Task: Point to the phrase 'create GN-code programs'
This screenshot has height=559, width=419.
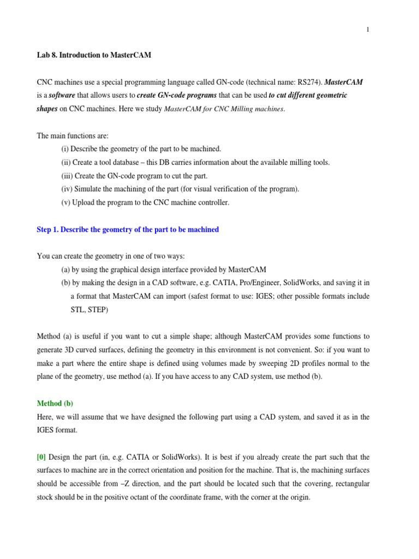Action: point(176,95)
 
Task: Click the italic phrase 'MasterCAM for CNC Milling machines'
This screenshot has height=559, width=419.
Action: point(224,109)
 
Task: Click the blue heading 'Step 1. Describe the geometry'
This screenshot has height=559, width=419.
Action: point(128,229)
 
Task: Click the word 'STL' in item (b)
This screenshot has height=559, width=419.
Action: point(77,310)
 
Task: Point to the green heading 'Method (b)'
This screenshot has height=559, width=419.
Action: point(55,403)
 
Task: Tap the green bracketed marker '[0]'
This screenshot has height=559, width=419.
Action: point(41,457)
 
